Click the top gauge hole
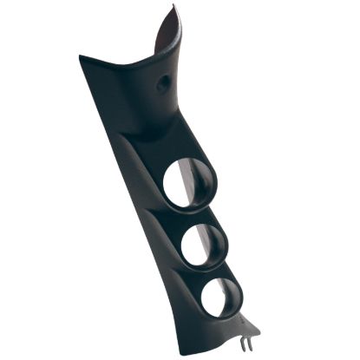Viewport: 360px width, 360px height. coord(187,183)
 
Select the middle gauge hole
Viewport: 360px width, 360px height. coord(201,247)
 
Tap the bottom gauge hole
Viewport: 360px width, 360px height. coord(219,298)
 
